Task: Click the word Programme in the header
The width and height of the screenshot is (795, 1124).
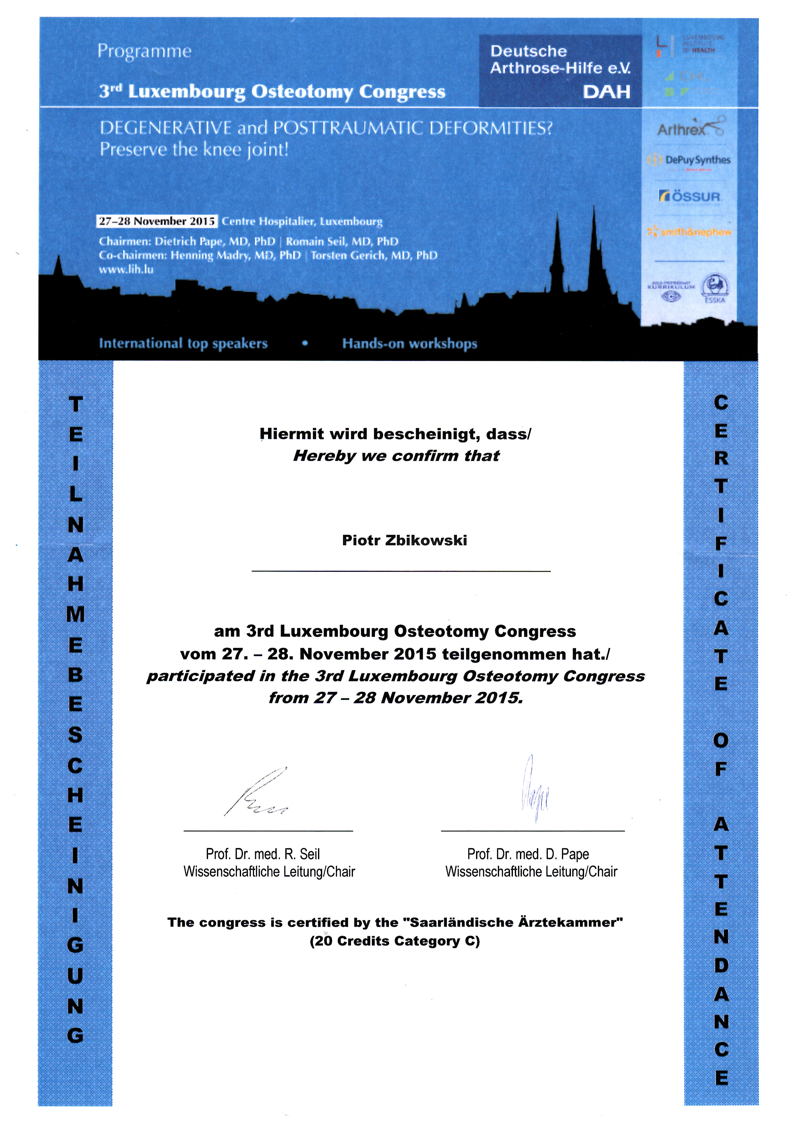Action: coord(144,51)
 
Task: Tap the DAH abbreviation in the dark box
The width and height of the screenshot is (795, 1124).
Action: coord(606,92)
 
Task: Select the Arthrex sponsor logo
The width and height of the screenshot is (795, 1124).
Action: coord(690,128)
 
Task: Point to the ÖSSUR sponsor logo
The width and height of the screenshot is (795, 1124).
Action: coord(690,197)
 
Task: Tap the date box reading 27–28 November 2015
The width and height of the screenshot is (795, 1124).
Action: coord(157,221)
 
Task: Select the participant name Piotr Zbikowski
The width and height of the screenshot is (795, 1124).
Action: coord(404,540)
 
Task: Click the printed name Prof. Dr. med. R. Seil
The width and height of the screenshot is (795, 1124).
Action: coord(263,854)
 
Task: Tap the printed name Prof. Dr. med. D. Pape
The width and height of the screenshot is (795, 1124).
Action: coord(528,854)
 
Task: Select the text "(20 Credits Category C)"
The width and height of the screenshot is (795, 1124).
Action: coord(395,941)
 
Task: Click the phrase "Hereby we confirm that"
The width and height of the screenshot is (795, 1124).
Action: coord(396,456)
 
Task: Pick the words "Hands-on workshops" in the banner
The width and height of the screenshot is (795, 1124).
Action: coord(410,344)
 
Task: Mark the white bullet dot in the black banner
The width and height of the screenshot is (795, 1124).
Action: coord(305,344)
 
